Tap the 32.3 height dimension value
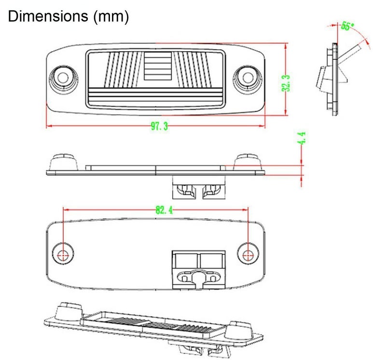pos(286,83)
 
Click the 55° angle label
pos(347,26)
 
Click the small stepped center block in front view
pos(158,66)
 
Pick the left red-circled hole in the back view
pos(64,254)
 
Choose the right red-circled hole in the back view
pos(248,254)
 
